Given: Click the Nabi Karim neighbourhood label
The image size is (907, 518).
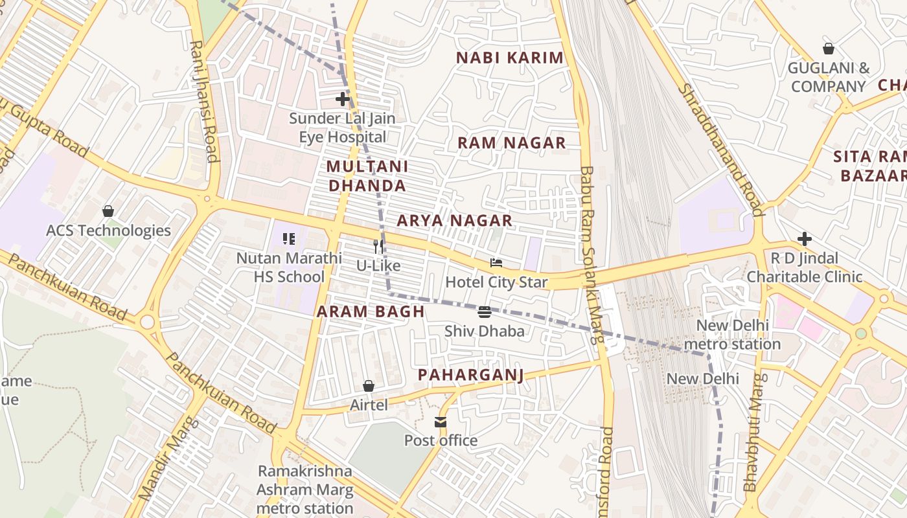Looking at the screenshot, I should point(510,58).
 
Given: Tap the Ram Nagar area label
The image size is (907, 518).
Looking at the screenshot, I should point(512,143).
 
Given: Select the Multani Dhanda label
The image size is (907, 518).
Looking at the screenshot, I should point(367,176).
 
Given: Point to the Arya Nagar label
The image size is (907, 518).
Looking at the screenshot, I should point(454,221).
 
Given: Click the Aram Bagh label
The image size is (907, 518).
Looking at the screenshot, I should point(371,311).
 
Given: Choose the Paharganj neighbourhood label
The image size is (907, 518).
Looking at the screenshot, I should point(470,375).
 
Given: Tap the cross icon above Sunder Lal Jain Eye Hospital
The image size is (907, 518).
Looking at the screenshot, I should point(342,99).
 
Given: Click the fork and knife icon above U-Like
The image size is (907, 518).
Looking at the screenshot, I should point(378,246).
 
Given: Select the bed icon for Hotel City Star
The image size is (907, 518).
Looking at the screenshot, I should point(496,263).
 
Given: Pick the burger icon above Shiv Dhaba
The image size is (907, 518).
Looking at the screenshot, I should point(484,312).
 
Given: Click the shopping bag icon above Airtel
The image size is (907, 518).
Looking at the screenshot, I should point(369,386).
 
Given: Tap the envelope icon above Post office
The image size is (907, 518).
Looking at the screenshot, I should point(441,422).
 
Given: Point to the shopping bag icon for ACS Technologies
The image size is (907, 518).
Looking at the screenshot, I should point(108,211).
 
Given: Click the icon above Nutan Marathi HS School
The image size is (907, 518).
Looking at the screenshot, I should point(289,238).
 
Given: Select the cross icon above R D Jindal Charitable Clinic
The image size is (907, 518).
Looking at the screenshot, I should point(804,239).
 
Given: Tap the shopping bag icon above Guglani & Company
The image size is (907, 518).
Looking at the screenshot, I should point(828,49).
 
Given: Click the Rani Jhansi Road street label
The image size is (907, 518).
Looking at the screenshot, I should point(203,101).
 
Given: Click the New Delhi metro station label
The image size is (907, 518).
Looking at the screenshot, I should point(732,334).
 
